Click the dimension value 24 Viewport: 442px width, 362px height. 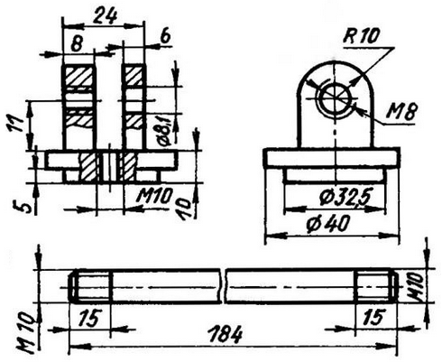point(105,15)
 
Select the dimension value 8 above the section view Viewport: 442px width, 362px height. point(77,44)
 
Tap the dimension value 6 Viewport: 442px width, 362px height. point(165,37)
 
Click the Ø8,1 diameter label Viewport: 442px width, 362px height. point(164,131)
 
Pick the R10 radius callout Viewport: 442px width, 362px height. point(361,36)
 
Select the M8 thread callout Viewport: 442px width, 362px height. point(401,112)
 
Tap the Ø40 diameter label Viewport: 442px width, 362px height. point(328,224)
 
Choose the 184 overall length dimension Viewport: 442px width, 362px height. point(226,334)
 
